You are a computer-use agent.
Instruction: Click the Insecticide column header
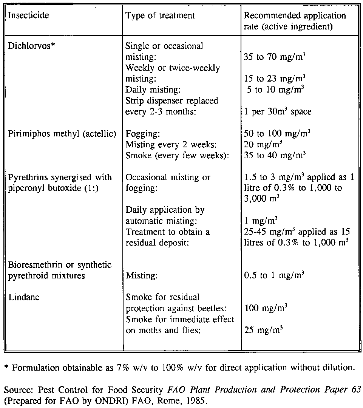pos(29,16)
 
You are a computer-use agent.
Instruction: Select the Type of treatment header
pos(160,15)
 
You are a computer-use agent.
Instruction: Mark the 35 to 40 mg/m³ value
pos(275,155)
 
